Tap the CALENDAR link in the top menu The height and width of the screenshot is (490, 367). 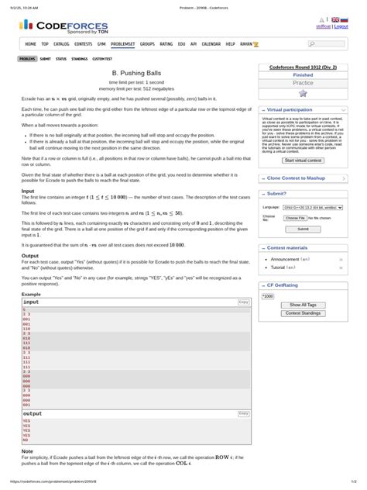[211, 44]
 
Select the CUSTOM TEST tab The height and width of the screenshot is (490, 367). [102, 58]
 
